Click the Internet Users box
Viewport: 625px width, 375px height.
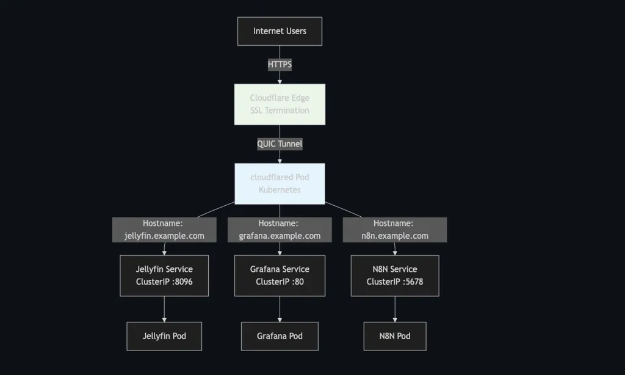(280, 31)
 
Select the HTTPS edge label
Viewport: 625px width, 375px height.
(280, 64)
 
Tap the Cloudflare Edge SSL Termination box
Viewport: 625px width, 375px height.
(280, 104)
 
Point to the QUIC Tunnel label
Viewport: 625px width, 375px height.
(280, 144)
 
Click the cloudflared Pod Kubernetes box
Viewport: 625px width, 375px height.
(280, 183)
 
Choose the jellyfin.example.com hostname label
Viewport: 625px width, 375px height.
(164, 230)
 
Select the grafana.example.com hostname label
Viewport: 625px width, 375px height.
(280, 230)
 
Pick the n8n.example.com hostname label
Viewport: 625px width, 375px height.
(394, 230)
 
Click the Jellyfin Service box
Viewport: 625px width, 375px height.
(164, 275)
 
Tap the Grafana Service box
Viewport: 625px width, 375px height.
(280, 275)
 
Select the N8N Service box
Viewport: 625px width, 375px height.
(394, 275)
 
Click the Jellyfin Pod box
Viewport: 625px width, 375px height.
(164, 336)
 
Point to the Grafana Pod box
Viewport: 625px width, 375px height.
(280, 336)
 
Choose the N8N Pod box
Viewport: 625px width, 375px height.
(394, 336)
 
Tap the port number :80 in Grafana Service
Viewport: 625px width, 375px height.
(296, 282)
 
